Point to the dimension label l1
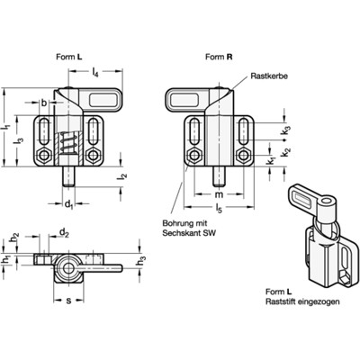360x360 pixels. [x=6, y=127]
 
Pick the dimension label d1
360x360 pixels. [x=68, y=205]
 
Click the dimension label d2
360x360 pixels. [x=63, y=233]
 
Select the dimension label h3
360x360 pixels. [x=140, y=262]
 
